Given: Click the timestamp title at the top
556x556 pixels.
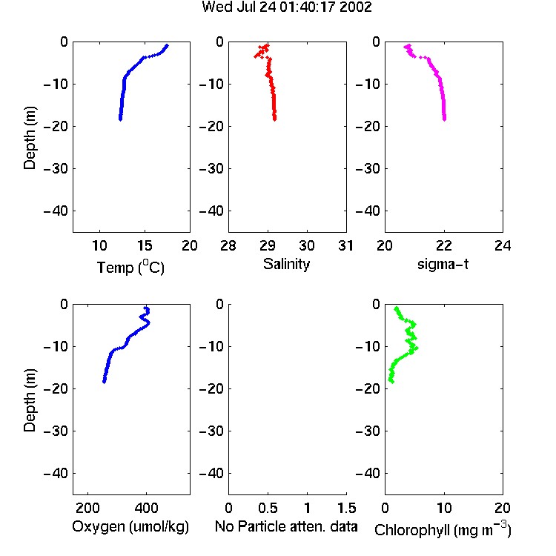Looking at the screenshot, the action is tap(286, 7).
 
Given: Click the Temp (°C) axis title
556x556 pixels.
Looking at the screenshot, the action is tap(130, 267).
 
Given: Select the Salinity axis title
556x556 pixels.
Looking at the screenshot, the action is tap(286, 264).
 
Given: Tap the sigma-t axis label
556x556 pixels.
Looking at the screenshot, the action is tap(443, 264).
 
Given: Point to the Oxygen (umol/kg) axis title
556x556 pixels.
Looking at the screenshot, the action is tap(130, 526).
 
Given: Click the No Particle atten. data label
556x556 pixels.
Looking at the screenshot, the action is tap(286, 526).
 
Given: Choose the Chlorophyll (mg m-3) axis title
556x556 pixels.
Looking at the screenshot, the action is tap(443, 529).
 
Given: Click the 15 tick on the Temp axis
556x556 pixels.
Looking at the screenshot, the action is tap(145, 245).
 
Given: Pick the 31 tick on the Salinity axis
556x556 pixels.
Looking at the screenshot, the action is tap(345, 245).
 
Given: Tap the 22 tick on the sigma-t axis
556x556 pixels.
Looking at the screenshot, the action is tap(443, 245).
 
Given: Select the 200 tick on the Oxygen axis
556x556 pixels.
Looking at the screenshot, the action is tap(87, 508).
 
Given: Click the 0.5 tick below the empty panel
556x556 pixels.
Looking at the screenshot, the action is tap(268, 508).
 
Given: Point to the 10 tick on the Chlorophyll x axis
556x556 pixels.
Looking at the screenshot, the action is tap(443, 508).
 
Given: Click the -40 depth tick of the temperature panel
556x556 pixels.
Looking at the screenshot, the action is tap(56, 211).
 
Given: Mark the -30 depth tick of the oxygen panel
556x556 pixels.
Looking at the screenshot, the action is tap(56, 431).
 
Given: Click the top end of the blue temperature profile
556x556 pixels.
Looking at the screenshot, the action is tap(168, 45).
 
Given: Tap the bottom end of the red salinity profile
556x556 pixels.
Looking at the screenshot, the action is tap(274, 119).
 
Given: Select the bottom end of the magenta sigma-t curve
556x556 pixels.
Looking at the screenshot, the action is tap(444, 119).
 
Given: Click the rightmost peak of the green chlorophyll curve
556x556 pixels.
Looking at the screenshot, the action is tap(416, 348).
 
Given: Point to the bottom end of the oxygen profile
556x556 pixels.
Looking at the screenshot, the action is tap(105, 382).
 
